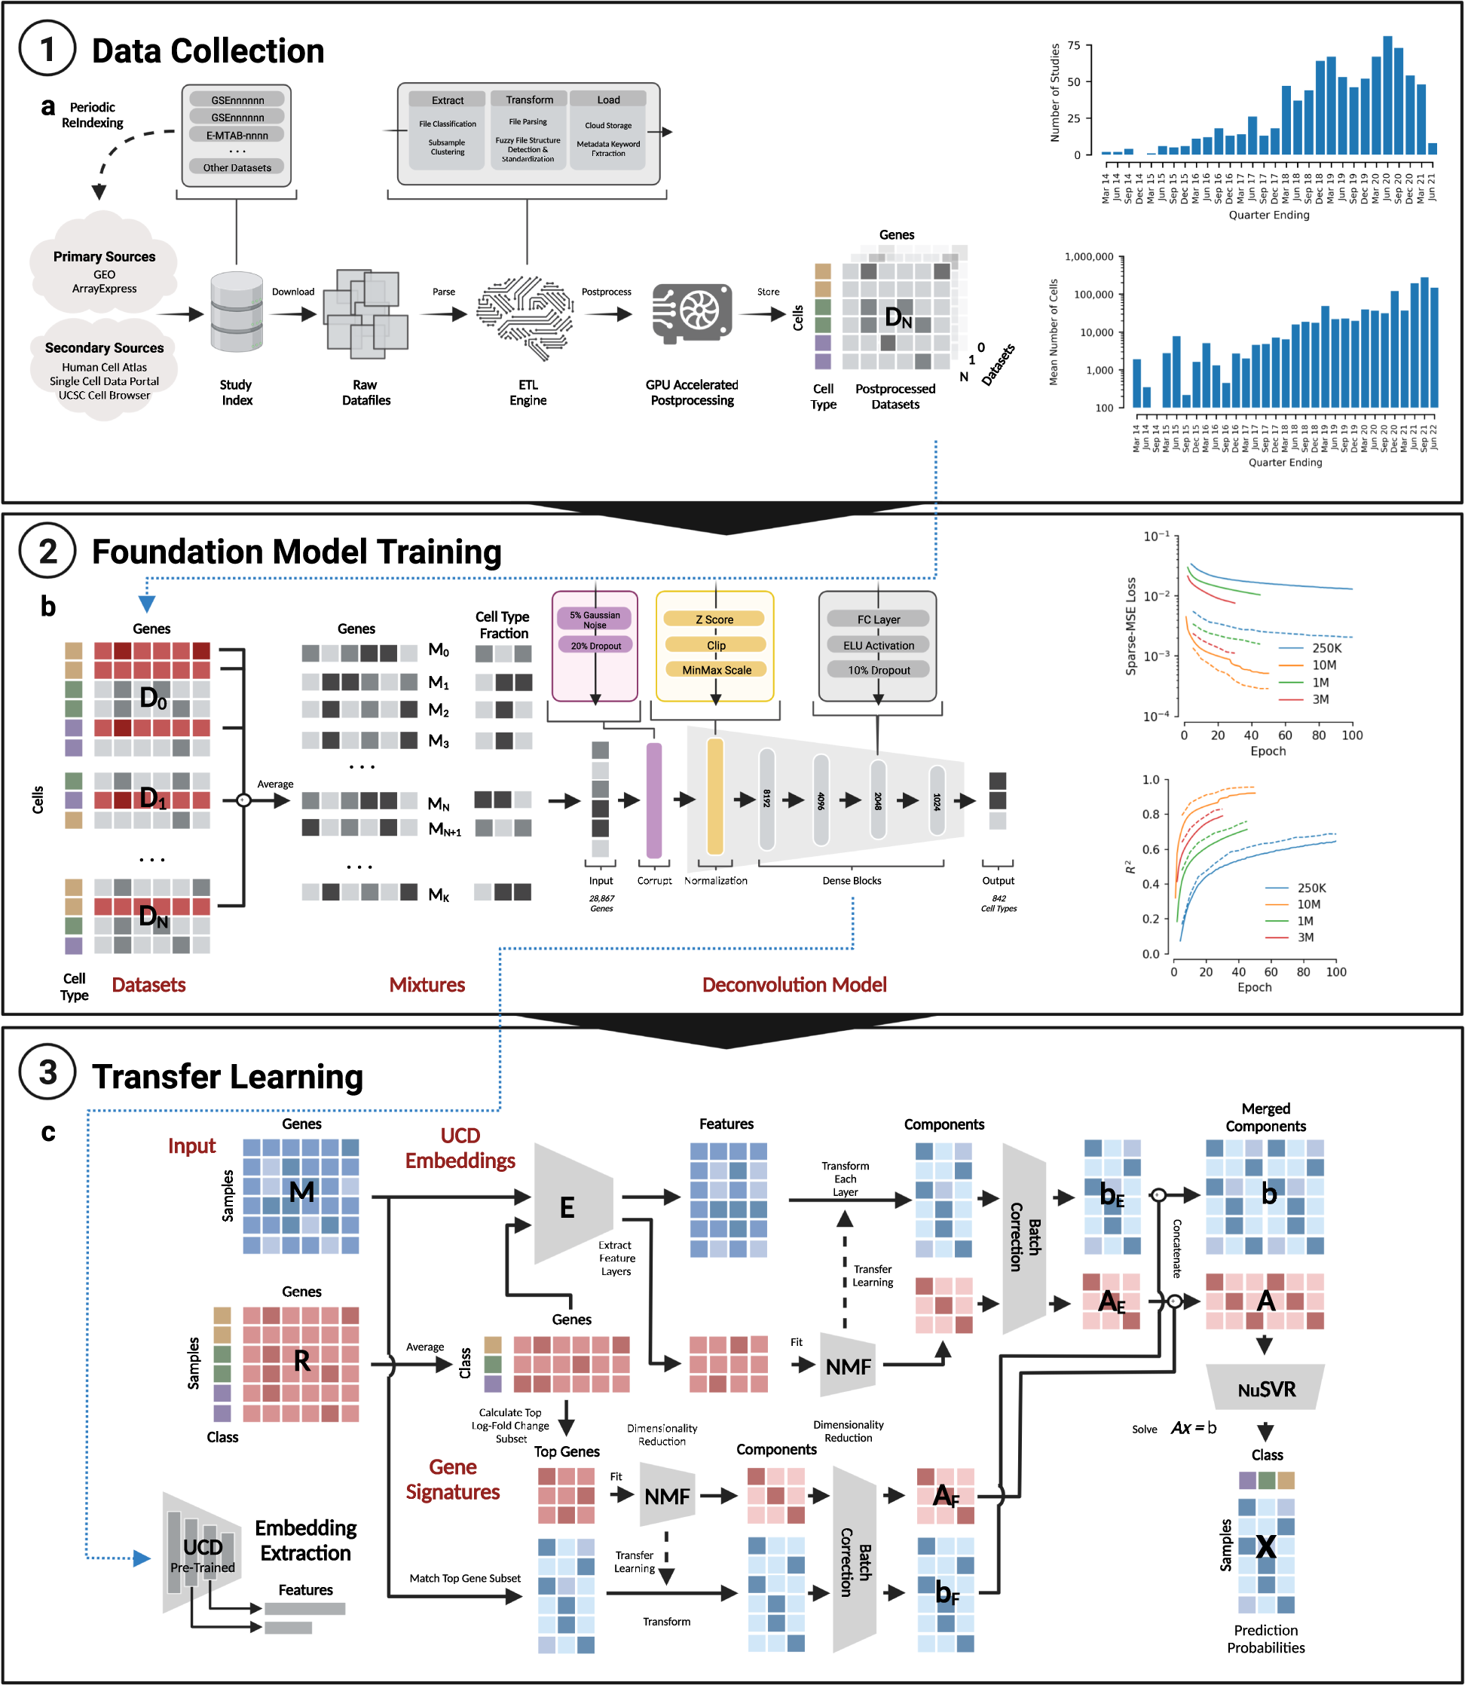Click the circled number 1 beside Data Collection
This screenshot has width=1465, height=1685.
click(47, 49)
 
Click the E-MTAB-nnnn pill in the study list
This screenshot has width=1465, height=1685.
click(237, 135)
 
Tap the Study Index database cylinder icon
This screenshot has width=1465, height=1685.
click(237, 312)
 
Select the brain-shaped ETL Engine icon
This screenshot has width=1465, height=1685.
click(528, 317)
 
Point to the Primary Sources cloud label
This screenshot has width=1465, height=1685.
click(104, 257)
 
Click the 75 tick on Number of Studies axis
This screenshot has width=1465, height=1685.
click(1073, 46)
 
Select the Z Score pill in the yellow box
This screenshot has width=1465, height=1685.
click(714, 619)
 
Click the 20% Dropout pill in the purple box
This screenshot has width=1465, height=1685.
click(595, 645)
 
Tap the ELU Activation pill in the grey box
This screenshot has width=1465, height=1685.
click(878, 645)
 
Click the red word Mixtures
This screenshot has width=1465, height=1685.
click(427, 984)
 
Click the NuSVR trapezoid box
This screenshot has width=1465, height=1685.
click(1265, 1389)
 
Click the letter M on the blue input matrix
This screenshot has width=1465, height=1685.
click(301, 1192)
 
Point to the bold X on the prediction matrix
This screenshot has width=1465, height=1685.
click(1265, 1546)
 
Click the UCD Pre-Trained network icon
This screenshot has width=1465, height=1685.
click(202, 1554)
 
